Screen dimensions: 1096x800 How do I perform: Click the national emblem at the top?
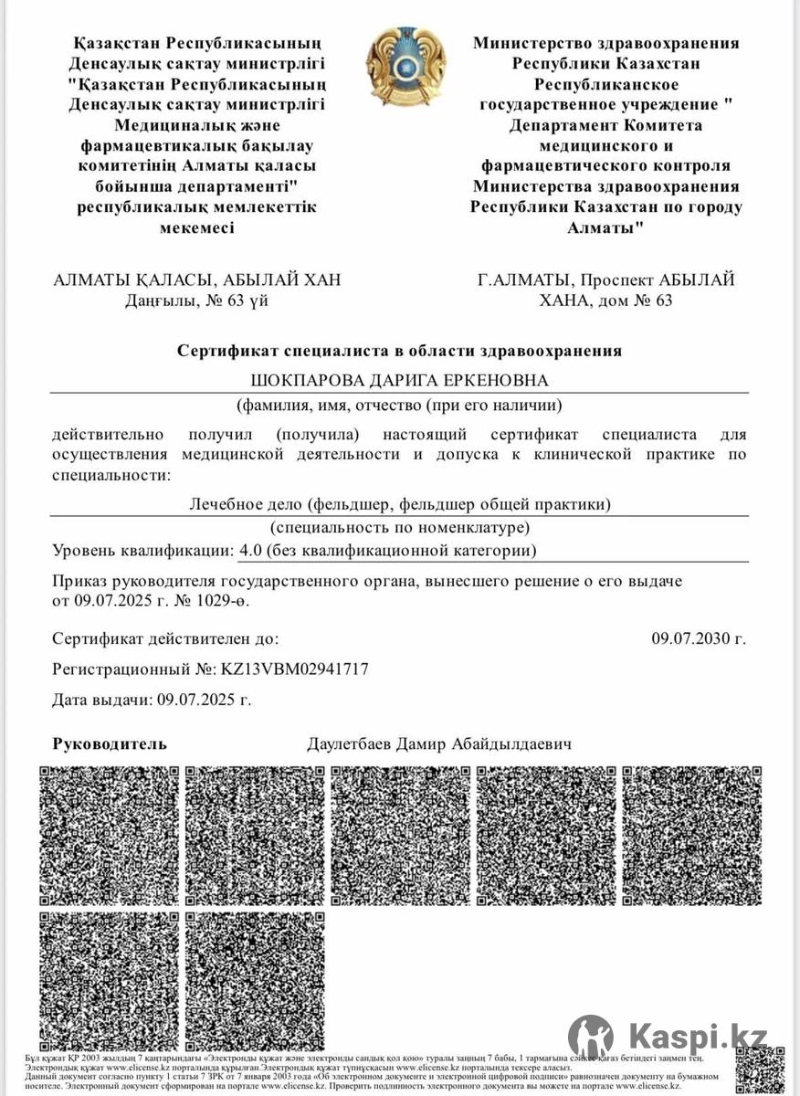[405, 66]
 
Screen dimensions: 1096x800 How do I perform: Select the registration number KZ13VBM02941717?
[295, 669]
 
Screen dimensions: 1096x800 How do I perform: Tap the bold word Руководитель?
[110, 744]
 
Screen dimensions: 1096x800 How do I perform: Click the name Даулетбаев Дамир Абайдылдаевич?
[439, 744]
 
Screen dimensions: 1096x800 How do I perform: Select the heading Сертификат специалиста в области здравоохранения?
[400, 350]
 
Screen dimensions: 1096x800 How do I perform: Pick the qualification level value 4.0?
[249, 550]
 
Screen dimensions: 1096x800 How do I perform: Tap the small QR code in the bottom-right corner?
[760, 1070]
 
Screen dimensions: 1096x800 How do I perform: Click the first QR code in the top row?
[110, 836]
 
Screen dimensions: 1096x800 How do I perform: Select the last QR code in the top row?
[692, 836]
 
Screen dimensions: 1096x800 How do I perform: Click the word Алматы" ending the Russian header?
[606, 227]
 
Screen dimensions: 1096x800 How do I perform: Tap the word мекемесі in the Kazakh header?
[197, 227]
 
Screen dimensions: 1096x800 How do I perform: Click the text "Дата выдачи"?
[101, 701]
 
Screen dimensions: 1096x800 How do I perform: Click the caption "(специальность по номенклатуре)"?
[400, 527]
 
